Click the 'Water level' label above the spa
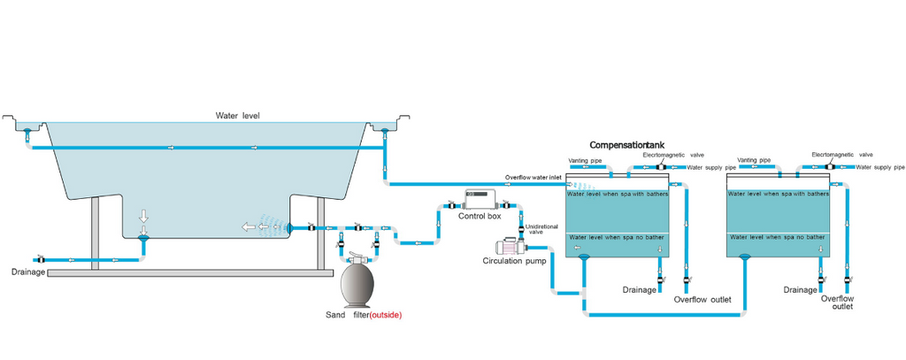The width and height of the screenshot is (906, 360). (237, 116)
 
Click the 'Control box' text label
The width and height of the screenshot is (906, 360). (480, 217)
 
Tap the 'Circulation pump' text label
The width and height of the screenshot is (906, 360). (511, 261)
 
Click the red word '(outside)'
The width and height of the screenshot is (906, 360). (386, 315)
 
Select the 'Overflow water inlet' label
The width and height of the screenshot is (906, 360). (532, 177)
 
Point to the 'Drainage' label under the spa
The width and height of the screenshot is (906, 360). (27, 272)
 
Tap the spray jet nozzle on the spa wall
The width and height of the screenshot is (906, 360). (288, 227)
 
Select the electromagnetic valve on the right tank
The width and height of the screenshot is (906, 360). (830, 165)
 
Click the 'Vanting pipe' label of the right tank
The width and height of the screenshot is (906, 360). (755, 160)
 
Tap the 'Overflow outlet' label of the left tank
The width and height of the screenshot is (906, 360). (702, 300)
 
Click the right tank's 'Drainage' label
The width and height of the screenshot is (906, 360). (800, 289)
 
